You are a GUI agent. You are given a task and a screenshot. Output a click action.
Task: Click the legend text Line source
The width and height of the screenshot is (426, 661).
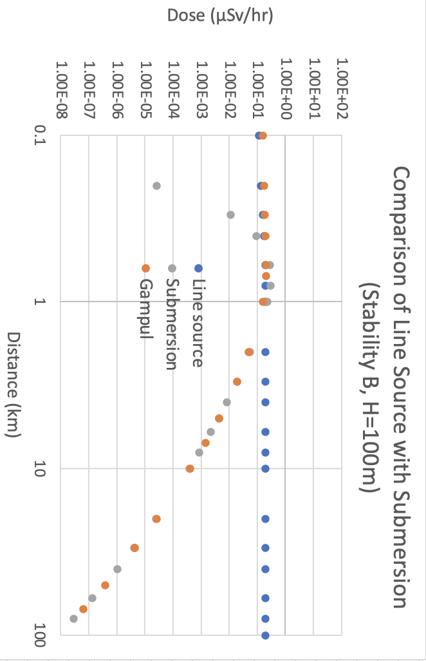pyautogui.click(x=198, y=323)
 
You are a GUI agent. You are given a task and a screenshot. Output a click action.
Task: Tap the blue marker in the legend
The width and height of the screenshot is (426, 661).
pyautogui.click(x=198, y=268)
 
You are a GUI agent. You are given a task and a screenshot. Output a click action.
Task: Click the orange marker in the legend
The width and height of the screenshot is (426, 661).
pyautogui.click(x=145, y=268)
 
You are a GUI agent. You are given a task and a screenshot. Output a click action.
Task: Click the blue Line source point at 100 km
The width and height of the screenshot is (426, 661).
pyautogui.click(x=265, y=635)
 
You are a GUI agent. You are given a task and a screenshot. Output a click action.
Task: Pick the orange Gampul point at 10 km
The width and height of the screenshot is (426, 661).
pyautogui.click(x=190, y=468)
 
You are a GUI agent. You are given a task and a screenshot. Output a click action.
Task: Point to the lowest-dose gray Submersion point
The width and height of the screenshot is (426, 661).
pyautogui.click(x=73, y=618)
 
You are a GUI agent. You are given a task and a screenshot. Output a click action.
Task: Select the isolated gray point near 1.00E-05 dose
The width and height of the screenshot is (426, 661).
pyautogui.click(x=156, y=186)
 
